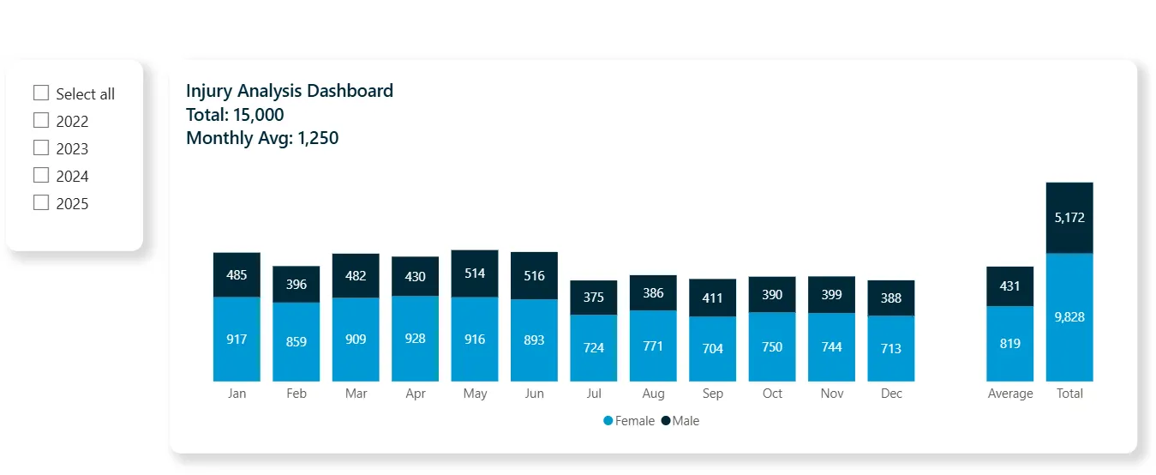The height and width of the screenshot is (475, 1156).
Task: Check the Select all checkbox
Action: [x=41, y=93]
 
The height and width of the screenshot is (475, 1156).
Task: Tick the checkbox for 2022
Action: [x=41, y=120]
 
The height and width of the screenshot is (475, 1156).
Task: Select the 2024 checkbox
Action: [x=41, y=175]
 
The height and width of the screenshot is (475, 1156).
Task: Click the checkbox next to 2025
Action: [x=41, y=202]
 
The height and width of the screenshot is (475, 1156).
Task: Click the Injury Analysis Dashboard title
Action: [x=290, y=91]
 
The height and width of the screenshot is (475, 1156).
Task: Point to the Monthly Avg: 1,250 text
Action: [x=262, y=138]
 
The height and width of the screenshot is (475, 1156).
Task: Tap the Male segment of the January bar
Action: [x=237, y=274]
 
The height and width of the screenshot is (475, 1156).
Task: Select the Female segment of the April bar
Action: [x=415, y=339]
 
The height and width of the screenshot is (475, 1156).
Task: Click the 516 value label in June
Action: [x=534, y=276]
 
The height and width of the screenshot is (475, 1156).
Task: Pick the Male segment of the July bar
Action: [x=594, y=298]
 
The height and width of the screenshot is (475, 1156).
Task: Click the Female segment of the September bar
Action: [x=712, y=349]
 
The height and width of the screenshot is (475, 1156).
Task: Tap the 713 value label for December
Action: [x=891, y=348]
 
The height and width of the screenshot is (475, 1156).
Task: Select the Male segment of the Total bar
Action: [x=1069, y=218]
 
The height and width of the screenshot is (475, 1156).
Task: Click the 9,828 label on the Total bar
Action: [x=1069, y=317]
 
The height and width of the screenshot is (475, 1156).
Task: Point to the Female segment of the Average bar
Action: [x=1010, y=344]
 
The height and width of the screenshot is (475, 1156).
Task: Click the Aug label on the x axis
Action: [x=653, y=394]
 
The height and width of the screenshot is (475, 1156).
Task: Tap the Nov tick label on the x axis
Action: [x=832, y=394]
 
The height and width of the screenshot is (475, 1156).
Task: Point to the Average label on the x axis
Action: [x=1010, y=394]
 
